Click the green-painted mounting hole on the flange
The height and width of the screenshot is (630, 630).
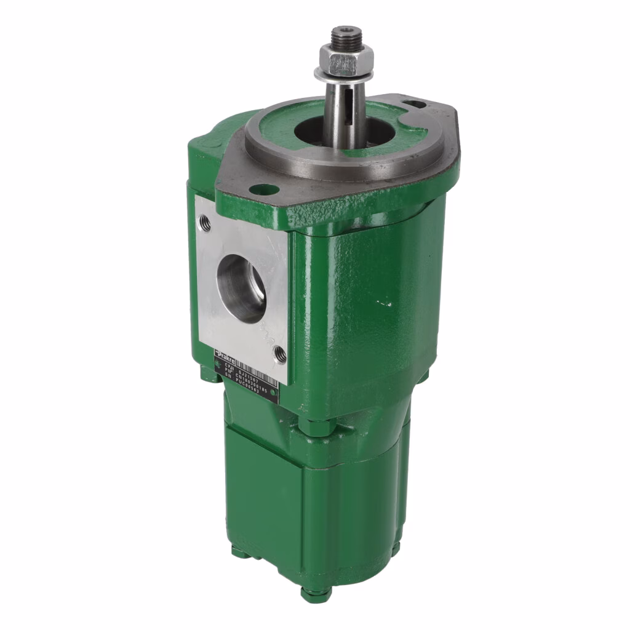[x=263, y=189]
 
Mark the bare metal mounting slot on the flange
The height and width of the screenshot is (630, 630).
[x=416, y=105]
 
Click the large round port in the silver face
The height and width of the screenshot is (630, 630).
[x=241, y=288]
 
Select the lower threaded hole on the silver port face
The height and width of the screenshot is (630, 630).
[x=279, y=353]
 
